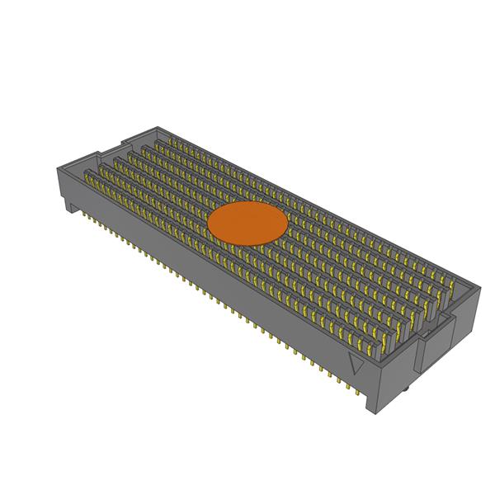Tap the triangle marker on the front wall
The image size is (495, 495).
[357, 362]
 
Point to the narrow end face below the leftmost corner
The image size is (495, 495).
[62, 186]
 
